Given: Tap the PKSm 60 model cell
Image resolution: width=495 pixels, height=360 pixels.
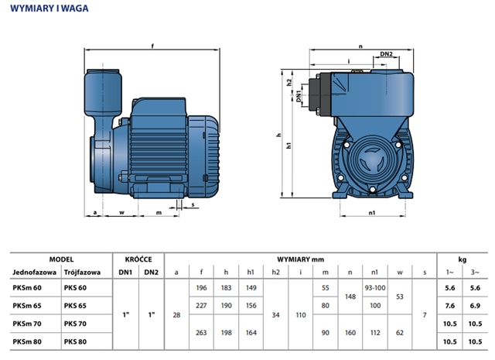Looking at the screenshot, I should coord(26,288).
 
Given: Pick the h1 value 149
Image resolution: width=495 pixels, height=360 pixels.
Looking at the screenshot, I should coord(251,288).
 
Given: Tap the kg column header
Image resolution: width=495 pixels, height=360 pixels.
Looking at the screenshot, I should coord(463,259).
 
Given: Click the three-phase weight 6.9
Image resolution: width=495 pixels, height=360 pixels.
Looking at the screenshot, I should coord(476,306).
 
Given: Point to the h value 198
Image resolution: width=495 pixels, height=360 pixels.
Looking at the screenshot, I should coord(226,332).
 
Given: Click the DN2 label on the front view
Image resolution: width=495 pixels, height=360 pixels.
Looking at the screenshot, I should coord(387,53).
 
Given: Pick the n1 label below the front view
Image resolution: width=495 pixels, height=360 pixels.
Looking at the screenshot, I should coord(373,211).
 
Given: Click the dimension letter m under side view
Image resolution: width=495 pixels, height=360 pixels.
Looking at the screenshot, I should coord(159,211).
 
